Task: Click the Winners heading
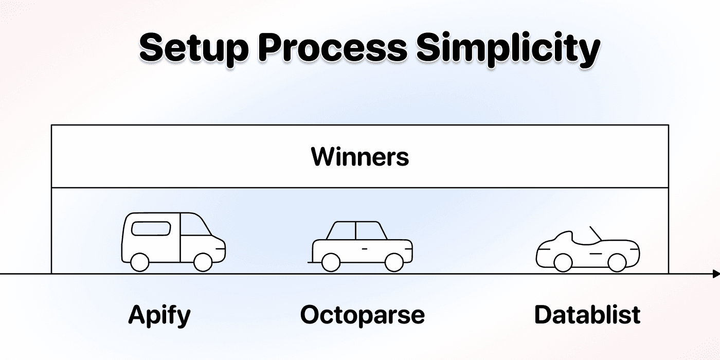[360, 157]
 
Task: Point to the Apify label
[159, 315]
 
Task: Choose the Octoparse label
[363, 315]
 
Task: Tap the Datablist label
[587, 315]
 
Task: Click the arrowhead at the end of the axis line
[716, 274]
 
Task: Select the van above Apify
[173, 241]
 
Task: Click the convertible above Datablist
[587, 251]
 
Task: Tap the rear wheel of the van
[139, 262]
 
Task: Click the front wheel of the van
[203, 262]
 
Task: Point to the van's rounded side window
[151, 227]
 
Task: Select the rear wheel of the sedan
[331, 262]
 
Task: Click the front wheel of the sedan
[394, 262]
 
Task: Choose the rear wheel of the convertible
[563, 263]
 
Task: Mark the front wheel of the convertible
[617, 263]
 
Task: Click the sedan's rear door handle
[365, 248]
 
